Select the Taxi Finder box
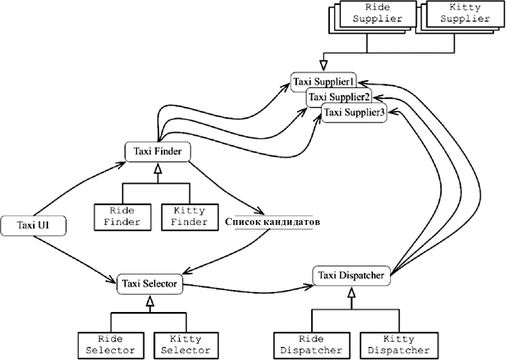(157, 152)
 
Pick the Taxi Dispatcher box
(352, 275)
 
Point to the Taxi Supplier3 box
(354, 112)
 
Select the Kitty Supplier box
(456, 13)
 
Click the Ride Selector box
(110, 345)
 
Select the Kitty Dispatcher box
(397, 345)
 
